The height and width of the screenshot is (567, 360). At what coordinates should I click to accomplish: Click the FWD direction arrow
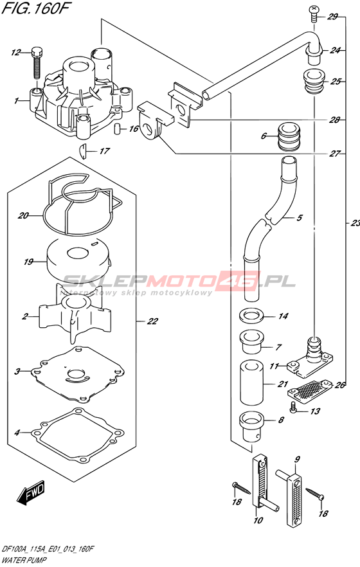32,492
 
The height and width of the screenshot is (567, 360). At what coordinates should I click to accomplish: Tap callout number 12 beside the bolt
16,53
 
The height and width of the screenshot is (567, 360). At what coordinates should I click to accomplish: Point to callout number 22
152,321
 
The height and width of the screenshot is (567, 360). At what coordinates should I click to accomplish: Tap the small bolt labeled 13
294,408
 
